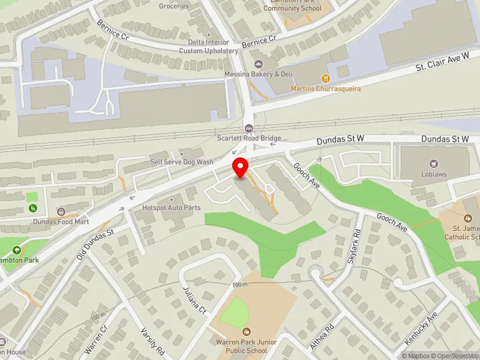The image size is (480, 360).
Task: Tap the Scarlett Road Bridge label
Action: (x=249, y=138)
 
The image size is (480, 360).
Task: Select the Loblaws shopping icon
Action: (x=432, y=163)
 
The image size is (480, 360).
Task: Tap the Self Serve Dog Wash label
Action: (x=181, y=162)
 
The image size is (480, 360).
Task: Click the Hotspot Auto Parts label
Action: (x=171, y=208)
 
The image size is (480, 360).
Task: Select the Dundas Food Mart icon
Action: (x=61, y=211)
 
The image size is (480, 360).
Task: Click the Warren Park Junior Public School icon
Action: (x=246, y=331)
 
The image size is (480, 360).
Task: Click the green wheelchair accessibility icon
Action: (x=34, y=208)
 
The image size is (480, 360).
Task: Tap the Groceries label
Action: (x=173, y=6)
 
